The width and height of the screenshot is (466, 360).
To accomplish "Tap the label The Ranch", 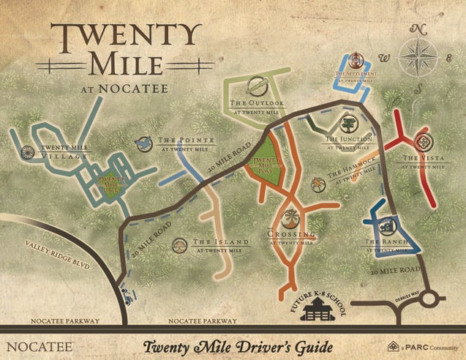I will click(382, 241).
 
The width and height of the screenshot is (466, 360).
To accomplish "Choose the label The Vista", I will click(424, 157).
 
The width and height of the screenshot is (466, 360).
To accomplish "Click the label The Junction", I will click(349, 138).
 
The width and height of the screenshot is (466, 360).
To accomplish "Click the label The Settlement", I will click(356, 74).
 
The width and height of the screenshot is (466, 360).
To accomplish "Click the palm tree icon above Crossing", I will click(291, 216).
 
